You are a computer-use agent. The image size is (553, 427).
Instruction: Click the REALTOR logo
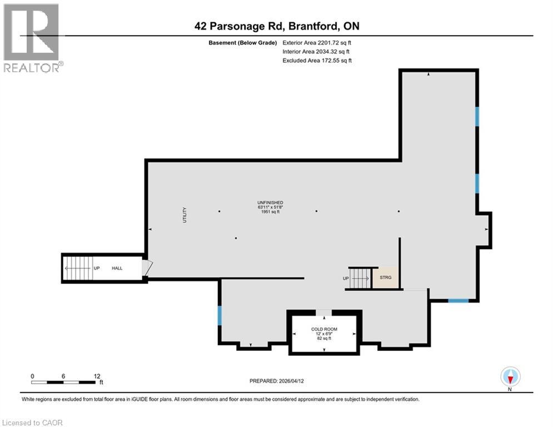[32, 38]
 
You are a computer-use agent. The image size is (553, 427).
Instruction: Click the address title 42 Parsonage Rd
[276, 26]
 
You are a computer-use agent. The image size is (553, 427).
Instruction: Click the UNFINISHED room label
[270, 202]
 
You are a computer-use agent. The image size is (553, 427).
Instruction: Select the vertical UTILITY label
[185, 215]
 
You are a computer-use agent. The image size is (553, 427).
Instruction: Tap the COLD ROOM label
[324, 329]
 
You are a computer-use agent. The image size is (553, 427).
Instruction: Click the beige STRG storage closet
[385, 277]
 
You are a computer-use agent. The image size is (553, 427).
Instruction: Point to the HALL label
[117, 268]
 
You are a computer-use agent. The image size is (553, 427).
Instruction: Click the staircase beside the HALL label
[78, 268]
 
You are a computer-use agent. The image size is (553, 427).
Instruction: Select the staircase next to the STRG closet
[360, 277]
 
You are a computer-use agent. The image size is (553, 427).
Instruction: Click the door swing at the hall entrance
[146, 268]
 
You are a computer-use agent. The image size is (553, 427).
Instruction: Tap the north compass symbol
[510, 376]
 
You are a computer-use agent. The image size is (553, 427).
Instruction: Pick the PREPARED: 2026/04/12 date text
[276, 381]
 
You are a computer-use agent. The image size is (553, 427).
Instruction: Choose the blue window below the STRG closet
[458, 301]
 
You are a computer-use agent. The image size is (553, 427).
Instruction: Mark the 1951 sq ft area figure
[270, 212]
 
